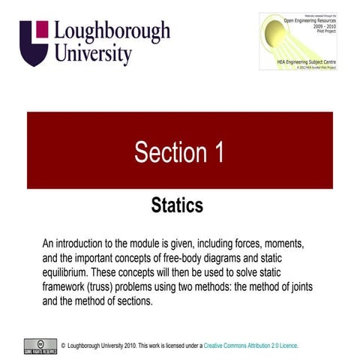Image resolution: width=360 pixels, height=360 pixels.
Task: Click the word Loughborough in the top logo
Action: (x=113, y=32)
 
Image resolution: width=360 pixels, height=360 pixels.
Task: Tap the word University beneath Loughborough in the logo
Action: (x=94, y=54)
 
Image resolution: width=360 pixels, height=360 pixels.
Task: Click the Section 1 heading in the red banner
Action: (x=179, y=152)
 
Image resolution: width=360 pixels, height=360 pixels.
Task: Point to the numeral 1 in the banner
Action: (x=219, y=152)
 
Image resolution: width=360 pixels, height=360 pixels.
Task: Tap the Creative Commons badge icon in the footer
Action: (x=36, y=344)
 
